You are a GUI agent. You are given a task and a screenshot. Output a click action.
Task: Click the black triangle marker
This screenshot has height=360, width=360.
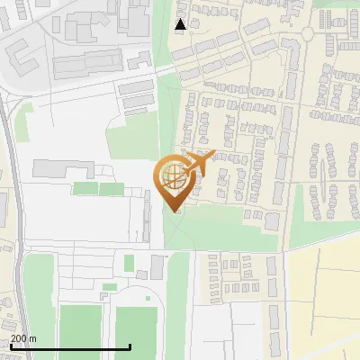[x=180, y=25]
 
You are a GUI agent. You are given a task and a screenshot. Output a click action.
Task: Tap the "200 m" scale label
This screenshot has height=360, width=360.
[x=23, y=338]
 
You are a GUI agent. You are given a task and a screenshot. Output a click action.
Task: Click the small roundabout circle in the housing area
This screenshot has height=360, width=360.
[x=308, y=32]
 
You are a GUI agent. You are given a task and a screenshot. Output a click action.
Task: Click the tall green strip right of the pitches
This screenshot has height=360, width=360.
[x=177, y=306]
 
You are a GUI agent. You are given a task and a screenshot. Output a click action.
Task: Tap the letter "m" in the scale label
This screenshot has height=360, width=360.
[x=33, y=338]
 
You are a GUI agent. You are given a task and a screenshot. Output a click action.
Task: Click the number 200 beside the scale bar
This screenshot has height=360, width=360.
[x=19, y=338]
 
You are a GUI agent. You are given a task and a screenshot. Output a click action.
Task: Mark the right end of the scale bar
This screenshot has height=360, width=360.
[x=130, y=346]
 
